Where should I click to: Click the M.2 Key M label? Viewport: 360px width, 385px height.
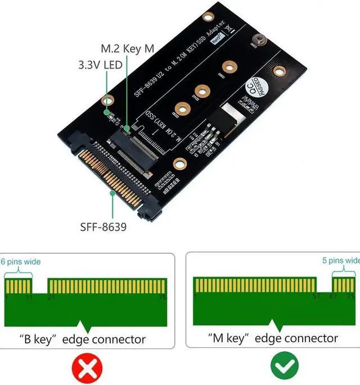pos(127,49)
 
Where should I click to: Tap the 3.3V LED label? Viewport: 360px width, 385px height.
pos(101,65)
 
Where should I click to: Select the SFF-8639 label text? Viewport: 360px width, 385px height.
pos(103,228)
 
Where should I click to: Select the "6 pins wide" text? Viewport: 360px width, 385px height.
pos(21,261)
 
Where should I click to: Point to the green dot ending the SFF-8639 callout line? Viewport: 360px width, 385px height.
pos(113,193)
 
